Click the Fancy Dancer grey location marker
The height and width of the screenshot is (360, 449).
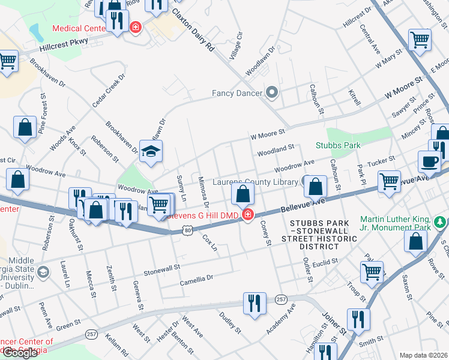[272, 92]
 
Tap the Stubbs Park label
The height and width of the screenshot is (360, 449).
[338, 145]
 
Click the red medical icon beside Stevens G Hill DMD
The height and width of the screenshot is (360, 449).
[247, 215]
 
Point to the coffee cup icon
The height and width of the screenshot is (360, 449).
[429, 161]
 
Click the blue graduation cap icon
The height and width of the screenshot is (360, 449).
[151, 150]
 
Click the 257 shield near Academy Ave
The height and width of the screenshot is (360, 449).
[281, 299]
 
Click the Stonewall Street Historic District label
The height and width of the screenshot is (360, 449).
[324, 234]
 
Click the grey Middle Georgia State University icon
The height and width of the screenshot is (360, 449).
[43, 273]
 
